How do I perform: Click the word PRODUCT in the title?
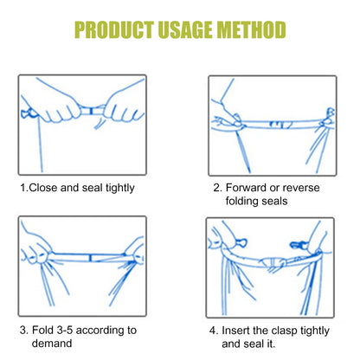tap(114, 31)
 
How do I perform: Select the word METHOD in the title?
tap(249, 31)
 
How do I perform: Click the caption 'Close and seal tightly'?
tap(83, 186)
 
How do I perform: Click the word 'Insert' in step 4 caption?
tap(244, 330)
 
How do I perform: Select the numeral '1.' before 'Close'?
tap(23, 186)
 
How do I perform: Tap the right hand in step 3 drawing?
tap(130, 251)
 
